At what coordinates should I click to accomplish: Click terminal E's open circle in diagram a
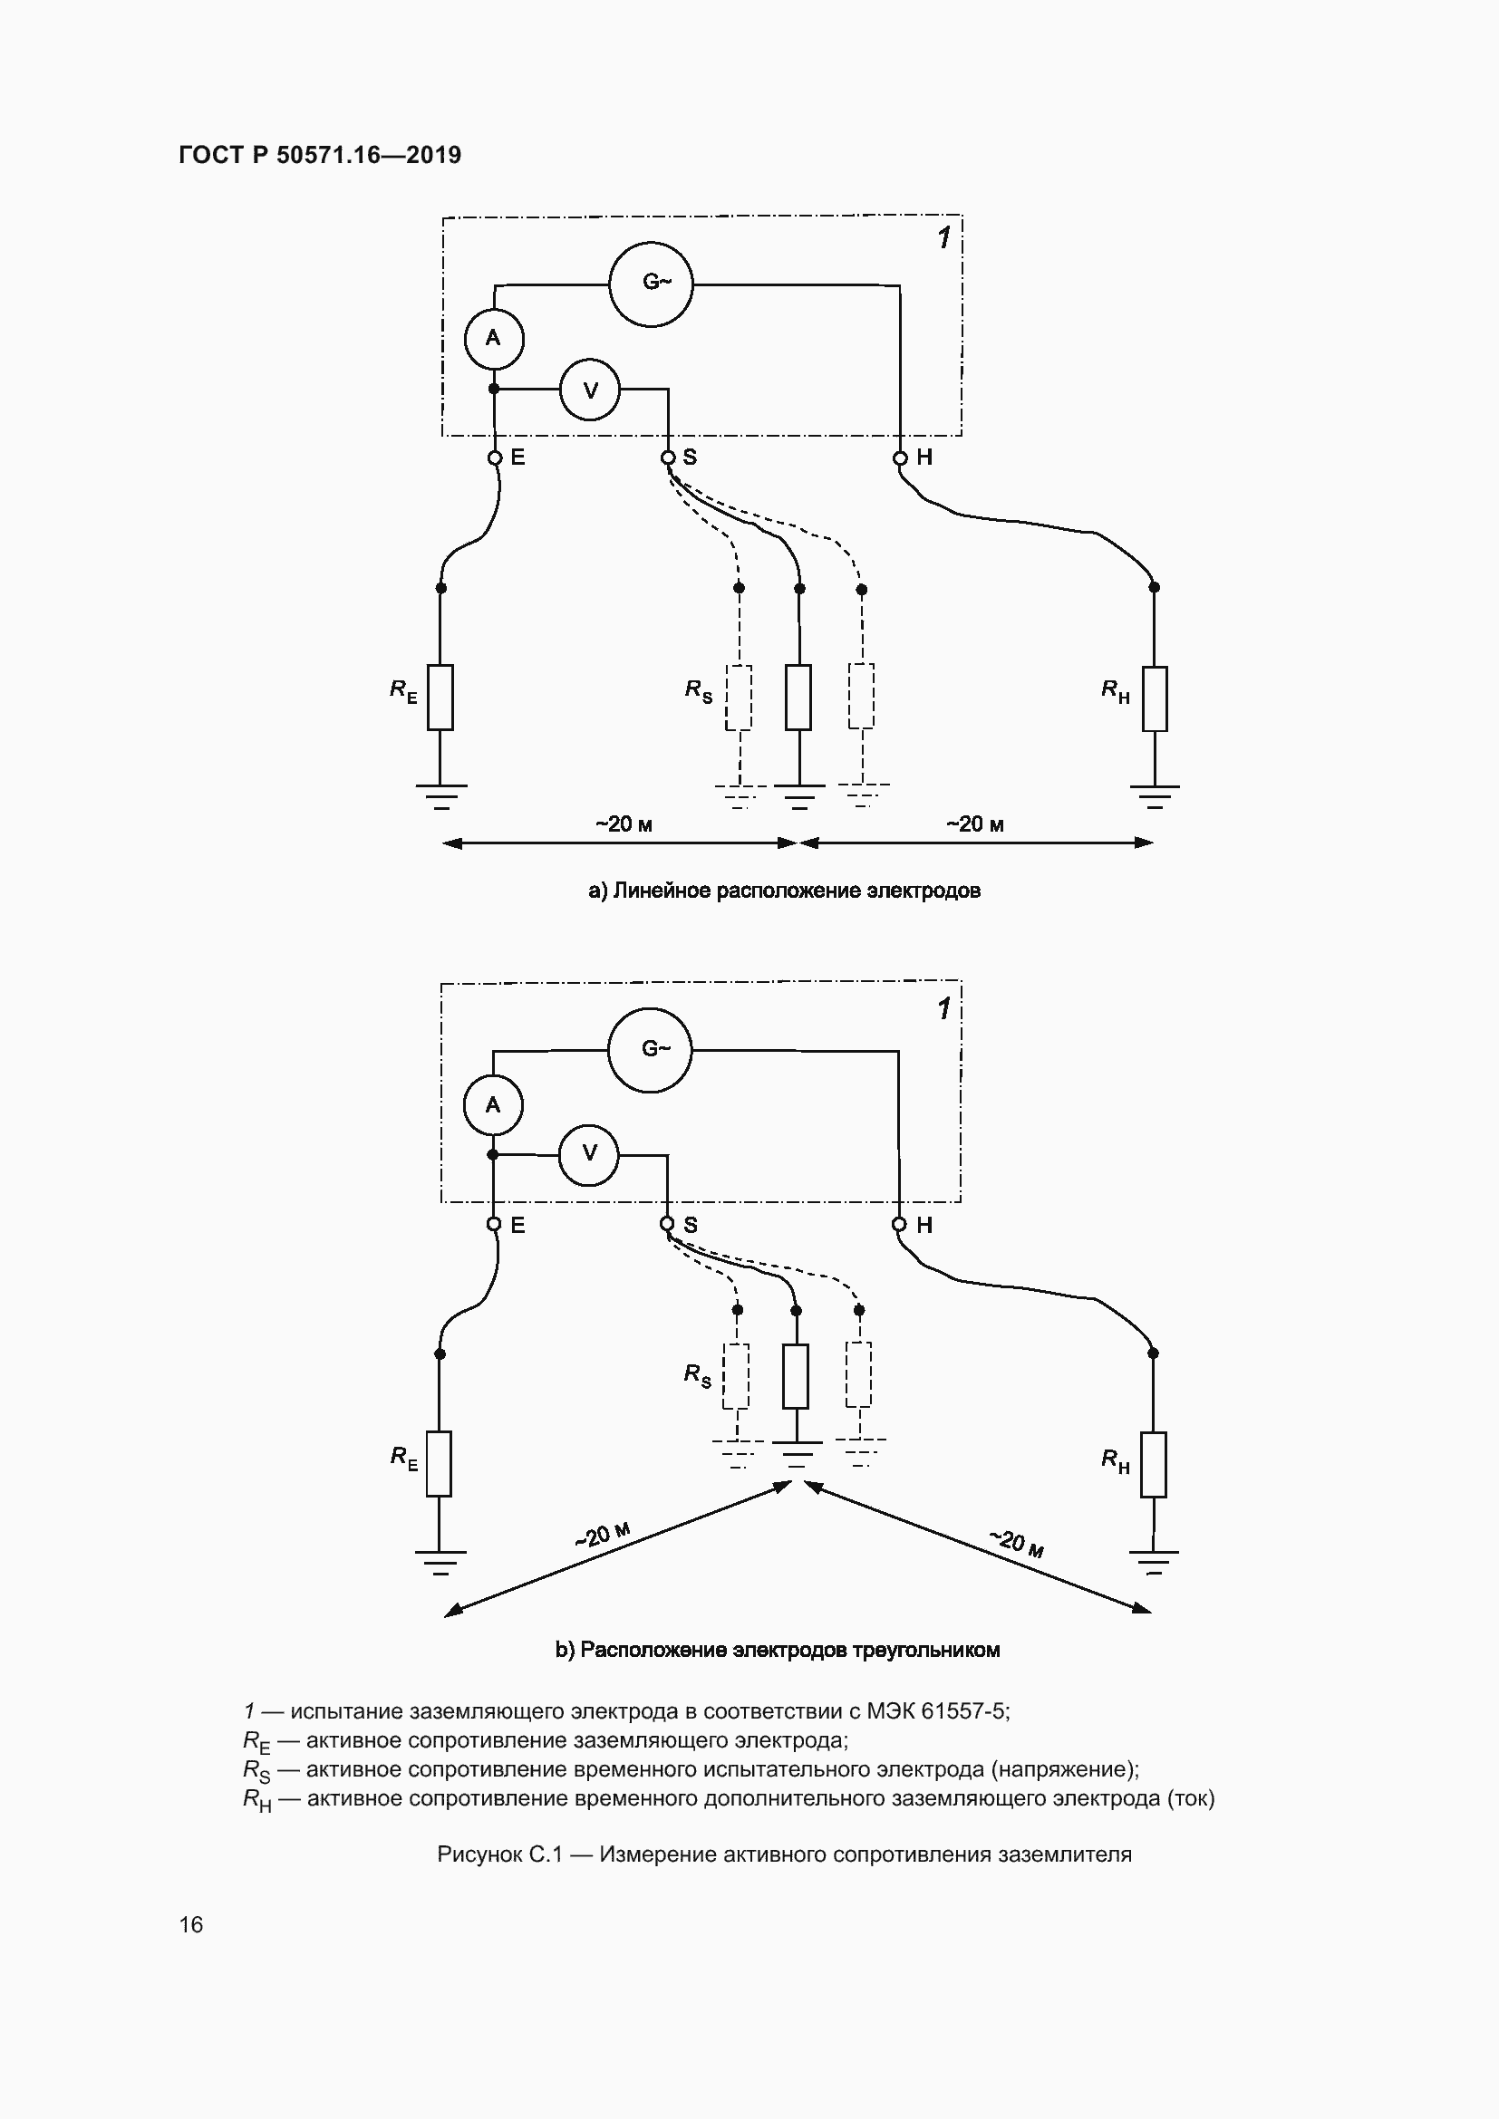point(494,458)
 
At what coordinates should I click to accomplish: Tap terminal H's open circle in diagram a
point(900,458)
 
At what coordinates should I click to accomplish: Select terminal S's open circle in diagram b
point(667,1225)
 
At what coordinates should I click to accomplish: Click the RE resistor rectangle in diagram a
point(440,697)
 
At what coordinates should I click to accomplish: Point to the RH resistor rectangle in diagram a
point(1154,698)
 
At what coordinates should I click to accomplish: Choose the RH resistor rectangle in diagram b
point(1153,1465)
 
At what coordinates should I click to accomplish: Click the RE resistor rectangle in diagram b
point(440,1464)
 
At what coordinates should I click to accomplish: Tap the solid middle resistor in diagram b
point(796,1376)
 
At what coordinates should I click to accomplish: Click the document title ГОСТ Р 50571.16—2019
point(320,155)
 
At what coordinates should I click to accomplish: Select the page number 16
point(191,1924)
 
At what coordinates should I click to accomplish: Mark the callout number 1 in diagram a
point(943,238)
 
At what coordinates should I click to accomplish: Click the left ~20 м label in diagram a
point(624,824)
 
